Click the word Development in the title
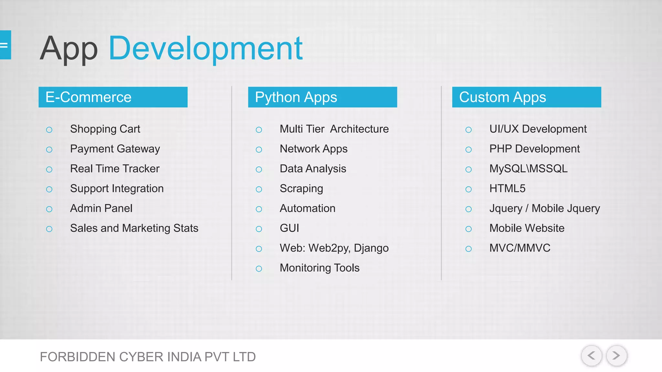coord(206,48)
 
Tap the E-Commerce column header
coord(113,97)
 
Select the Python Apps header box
coord(322,97)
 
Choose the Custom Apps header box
coord(526,97)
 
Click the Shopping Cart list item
coord(105,129)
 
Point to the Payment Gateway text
coord(115,149)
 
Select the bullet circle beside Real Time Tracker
coord(49,170)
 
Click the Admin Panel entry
coord(101,209)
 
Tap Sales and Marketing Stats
coord(134,228)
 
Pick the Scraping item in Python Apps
coord(301,189)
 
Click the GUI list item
coord(289,228)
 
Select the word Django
coord(371,248)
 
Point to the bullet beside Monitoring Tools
coord(259,269)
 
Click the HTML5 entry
coord(507,189)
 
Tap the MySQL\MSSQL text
coord(528,169)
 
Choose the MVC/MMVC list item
coord(519,248)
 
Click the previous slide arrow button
coord(591,356)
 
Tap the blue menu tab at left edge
coord(5,45)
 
